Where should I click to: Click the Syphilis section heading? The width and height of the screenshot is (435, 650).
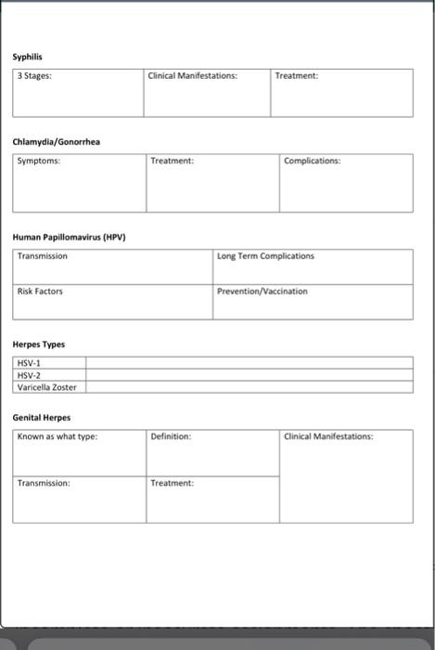coord(28,58)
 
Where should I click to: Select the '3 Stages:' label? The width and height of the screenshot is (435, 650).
coord(34,76)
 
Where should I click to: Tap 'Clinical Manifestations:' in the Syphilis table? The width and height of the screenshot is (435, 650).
coord(193,76)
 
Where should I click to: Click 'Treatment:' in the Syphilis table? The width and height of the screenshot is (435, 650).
coord(297,76)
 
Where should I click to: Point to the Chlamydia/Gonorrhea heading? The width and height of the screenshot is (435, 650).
coord(57,142)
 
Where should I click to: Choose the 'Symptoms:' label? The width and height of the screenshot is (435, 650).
coord(38,162)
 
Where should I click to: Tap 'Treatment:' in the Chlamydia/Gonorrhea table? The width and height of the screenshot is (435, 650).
coord(173,162)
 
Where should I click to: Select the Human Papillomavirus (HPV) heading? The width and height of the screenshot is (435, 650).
coord(69,237)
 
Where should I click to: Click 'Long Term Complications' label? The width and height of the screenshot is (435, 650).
coord(265,256)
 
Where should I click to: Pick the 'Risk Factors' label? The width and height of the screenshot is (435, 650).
coord(40,292)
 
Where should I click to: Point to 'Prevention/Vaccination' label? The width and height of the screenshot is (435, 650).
coord(262,292)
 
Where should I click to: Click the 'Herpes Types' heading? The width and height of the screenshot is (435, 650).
coord(39,344)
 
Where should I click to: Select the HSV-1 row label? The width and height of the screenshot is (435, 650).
coord(29,363)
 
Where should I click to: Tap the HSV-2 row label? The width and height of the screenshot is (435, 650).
coord(29,375)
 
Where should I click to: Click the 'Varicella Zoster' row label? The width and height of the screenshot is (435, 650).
coord(47,387)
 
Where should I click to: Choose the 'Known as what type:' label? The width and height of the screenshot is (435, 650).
coord(58,436)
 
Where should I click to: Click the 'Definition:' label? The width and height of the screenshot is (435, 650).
coord(171,436)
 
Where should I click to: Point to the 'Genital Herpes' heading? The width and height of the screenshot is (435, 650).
coord(42,418)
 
